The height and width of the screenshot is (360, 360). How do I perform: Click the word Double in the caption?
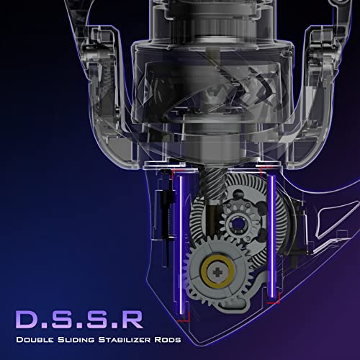point(35,340)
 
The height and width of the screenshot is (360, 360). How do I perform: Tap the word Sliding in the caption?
point(76,340)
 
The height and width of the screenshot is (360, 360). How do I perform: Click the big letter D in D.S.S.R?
point(27,320)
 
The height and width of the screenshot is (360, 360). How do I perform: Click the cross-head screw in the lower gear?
point(217,272)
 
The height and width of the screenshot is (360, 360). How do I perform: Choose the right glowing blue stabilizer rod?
point(272,236)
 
